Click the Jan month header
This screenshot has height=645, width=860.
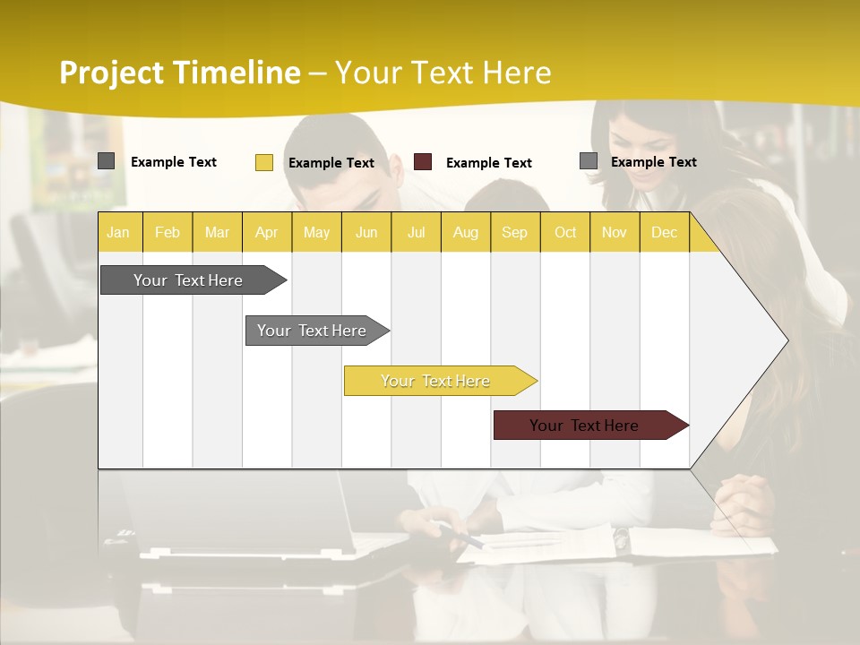(118, 232)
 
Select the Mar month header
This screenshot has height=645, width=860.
(217, 232)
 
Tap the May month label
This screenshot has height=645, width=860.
(316, 232)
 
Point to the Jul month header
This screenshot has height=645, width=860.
(416, 232)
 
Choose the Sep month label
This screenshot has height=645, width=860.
(514, 232)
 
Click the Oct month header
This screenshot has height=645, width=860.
(565, 232)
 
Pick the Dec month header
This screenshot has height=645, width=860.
(664, 232)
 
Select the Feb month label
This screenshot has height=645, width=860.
(168, 232)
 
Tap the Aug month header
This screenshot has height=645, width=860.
(465, 232)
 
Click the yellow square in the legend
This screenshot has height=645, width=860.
(263, 162)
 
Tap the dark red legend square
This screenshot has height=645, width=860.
(423, 162)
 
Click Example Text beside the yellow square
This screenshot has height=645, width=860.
(331, 163)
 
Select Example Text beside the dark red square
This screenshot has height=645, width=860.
(488, 163)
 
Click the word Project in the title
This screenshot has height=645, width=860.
(110, 73)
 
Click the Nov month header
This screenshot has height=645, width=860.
(615, 232)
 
